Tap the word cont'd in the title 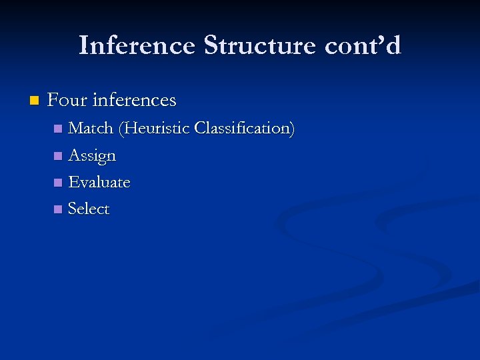tap(363, 46)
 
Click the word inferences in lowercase tap(135, 101)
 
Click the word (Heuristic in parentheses tap(154, 129)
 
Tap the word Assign tap(92, 156)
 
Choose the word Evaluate tap(99, 182)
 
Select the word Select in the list tap(89, 209)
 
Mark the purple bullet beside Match tap(58, 129)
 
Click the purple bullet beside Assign tap(58, 156)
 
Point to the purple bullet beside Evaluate tap(58, 183)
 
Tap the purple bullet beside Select tap(58, 209)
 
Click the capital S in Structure tap(211, 46)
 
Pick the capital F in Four tap(53, 101)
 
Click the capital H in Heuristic tap(129, 128)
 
